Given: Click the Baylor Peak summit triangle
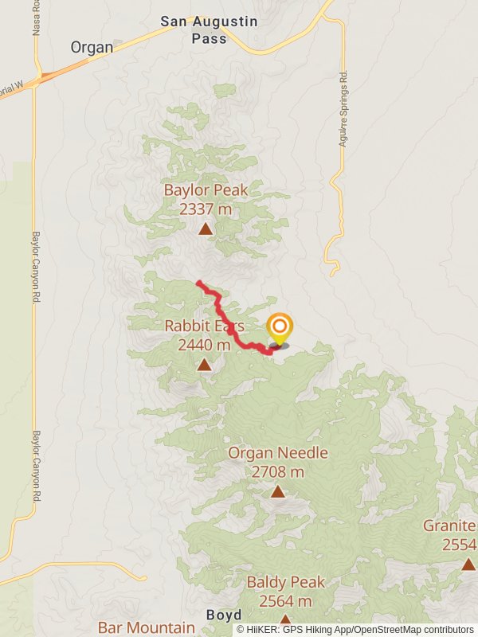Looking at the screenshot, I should [x=205, y=229].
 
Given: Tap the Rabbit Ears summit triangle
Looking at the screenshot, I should [x=205, y=365].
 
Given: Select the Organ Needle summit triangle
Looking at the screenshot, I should [x=277, y=491].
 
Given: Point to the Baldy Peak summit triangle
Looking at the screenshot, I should [x=285, y=620].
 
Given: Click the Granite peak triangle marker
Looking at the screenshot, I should [x=468, y=564].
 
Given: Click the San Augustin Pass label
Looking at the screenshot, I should [x=209, y=29].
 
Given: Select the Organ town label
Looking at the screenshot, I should [x=92, y=47].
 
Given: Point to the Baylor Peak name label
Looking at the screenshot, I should [x=206, y=190].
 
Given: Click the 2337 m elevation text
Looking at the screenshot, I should [x=206, y=209].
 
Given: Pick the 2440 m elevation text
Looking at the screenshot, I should [x=205, y=345].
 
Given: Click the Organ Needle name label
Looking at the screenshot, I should [x=277, y=453].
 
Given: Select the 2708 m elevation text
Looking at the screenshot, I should [x=277, y=471].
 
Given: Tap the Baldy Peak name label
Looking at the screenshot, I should [x=285, y=582].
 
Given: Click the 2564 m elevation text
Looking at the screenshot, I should [x=285, y=601].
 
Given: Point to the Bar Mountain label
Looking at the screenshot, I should [x=146, y=627].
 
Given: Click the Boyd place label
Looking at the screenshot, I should [x=224, y=616].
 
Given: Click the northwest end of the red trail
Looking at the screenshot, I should [x=198, y=283].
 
